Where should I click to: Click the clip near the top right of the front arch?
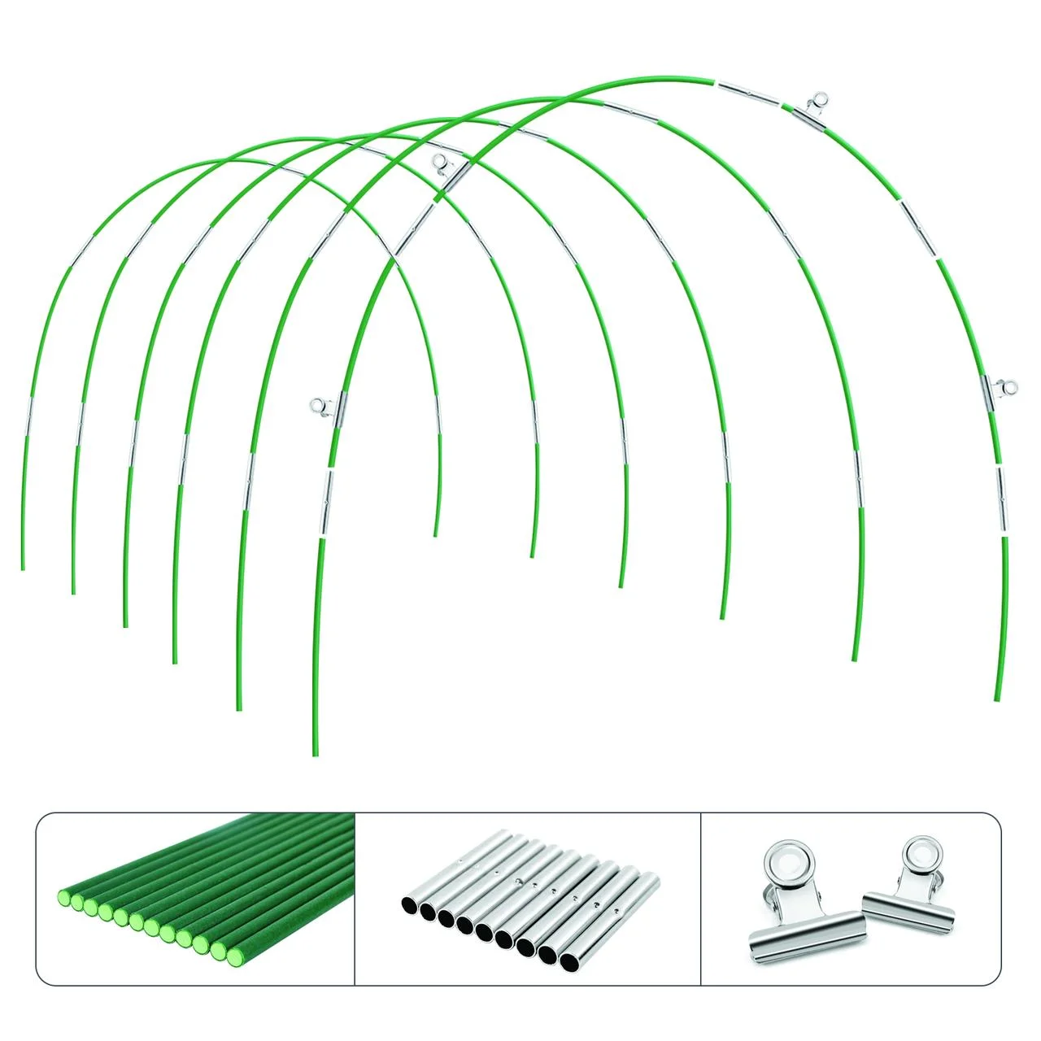(x=814, y=110)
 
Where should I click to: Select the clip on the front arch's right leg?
(x=997, y=390)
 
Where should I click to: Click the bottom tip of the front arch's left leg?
(x=316, y=754)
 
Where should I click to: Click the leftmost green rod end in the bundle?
(x=64, y=899)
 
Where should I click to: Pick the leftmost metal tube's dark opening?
(x=411, y=904)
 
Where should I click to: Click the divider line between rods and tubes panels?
(x=356, y=899)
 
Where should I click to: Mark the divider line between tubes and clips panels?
(x=701, y=899)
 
